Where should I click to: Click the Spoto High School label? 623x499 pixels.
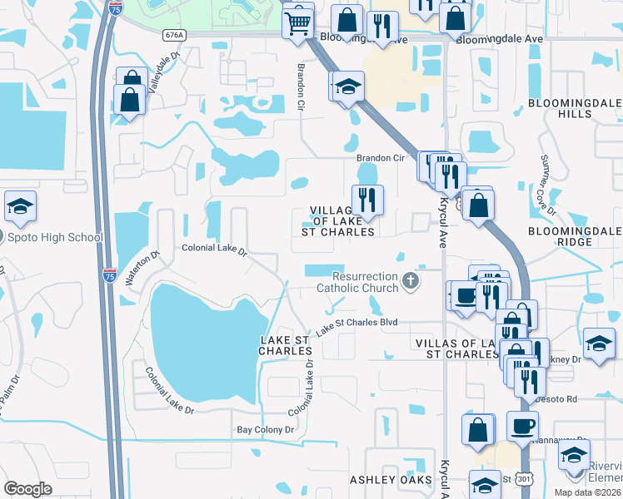click(x=54, y=237)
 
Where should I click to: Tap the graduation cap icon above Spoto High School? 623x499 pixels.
click(x=20, y=207)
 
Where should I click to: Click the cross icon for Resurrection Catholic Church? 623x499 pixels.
click(x=410, y=281)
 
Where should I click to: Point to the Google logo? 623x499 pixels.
click(x=27, y=489)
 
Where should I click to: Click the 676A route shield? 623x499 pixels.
click(x=174, y=35)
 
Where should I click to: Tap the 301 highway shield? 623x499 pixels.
click(x=523, y=479)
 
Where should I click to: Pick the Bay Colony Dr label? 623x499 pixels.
click(x=266, y=430)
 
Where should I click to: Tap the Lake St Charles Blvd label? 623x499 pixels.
click(x=356, y=323)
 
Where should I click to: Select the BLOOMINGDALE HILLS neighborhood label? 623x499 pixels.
click(x=574, y=108)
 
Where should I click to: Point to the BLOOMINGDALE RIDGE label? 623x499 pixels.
click(x=574, y=236)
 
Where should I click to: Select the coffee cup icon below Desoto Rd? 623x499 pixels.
click(x=522, y=425)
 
